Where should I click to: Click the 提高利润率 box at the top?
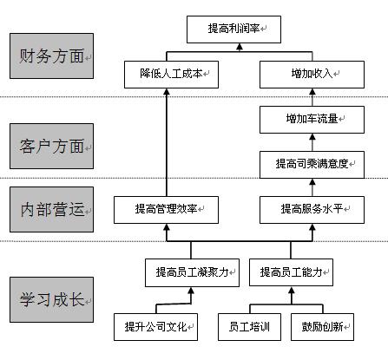tap(233, 29)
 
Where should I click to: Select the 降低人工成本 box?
tap(171, 75)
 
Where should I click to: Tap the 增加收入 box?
tap(312, 75)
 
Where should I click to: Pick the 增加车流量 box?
tap(312, 120)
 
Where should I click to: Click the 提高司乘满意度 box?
tap(312, 165)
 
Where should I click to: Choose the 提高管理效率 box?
tap(166, 210)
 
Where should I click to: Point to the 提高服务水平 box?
tap(312, 210)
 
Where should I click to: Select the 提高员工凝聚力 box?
tap(192, 272)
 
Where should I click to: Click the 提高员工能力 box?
tap(291, 272)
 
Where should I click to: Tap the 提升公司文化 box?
tap(155, 327)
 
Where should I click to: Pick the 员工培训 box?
tap(249, 327)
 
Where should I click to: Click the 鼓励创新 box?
tap(322, 327)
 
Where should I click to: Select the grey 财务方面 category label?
tap(51, 56)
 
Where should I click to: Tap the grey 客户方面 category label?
tap(51, 146)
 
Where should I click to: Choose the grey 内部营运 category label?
tap(51, 209)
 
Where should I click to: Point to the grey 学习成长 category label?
tap(51, 299)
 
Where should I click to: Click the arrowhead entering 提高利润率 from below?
tap(240, 47)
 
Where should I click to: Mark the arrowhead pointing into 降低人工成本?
tap(167, 92)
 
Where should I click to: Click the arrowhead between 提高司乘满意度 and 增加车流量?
tap(312, 137)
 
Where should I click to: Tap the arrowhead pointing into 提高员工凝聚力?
tap(191, 291)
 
